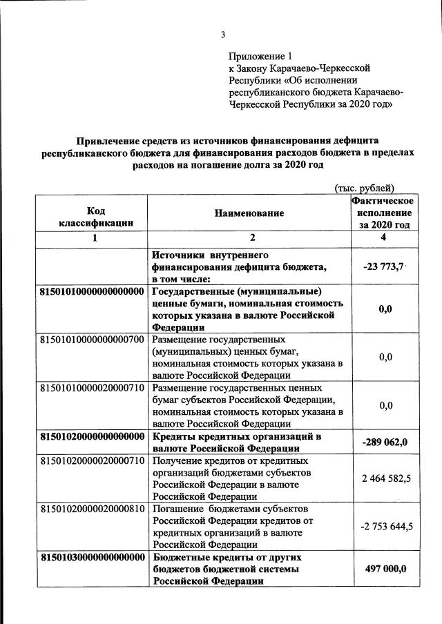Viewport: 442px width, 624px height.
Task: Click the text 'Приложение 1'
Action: point(260,56)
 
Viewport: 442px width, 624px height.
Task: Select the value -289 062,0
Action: point(385,442)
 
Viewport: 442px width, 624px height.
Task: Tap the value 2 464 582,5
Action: point(385,477)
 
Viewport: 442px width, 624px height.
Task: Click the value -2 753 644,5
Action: point(385,527)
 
